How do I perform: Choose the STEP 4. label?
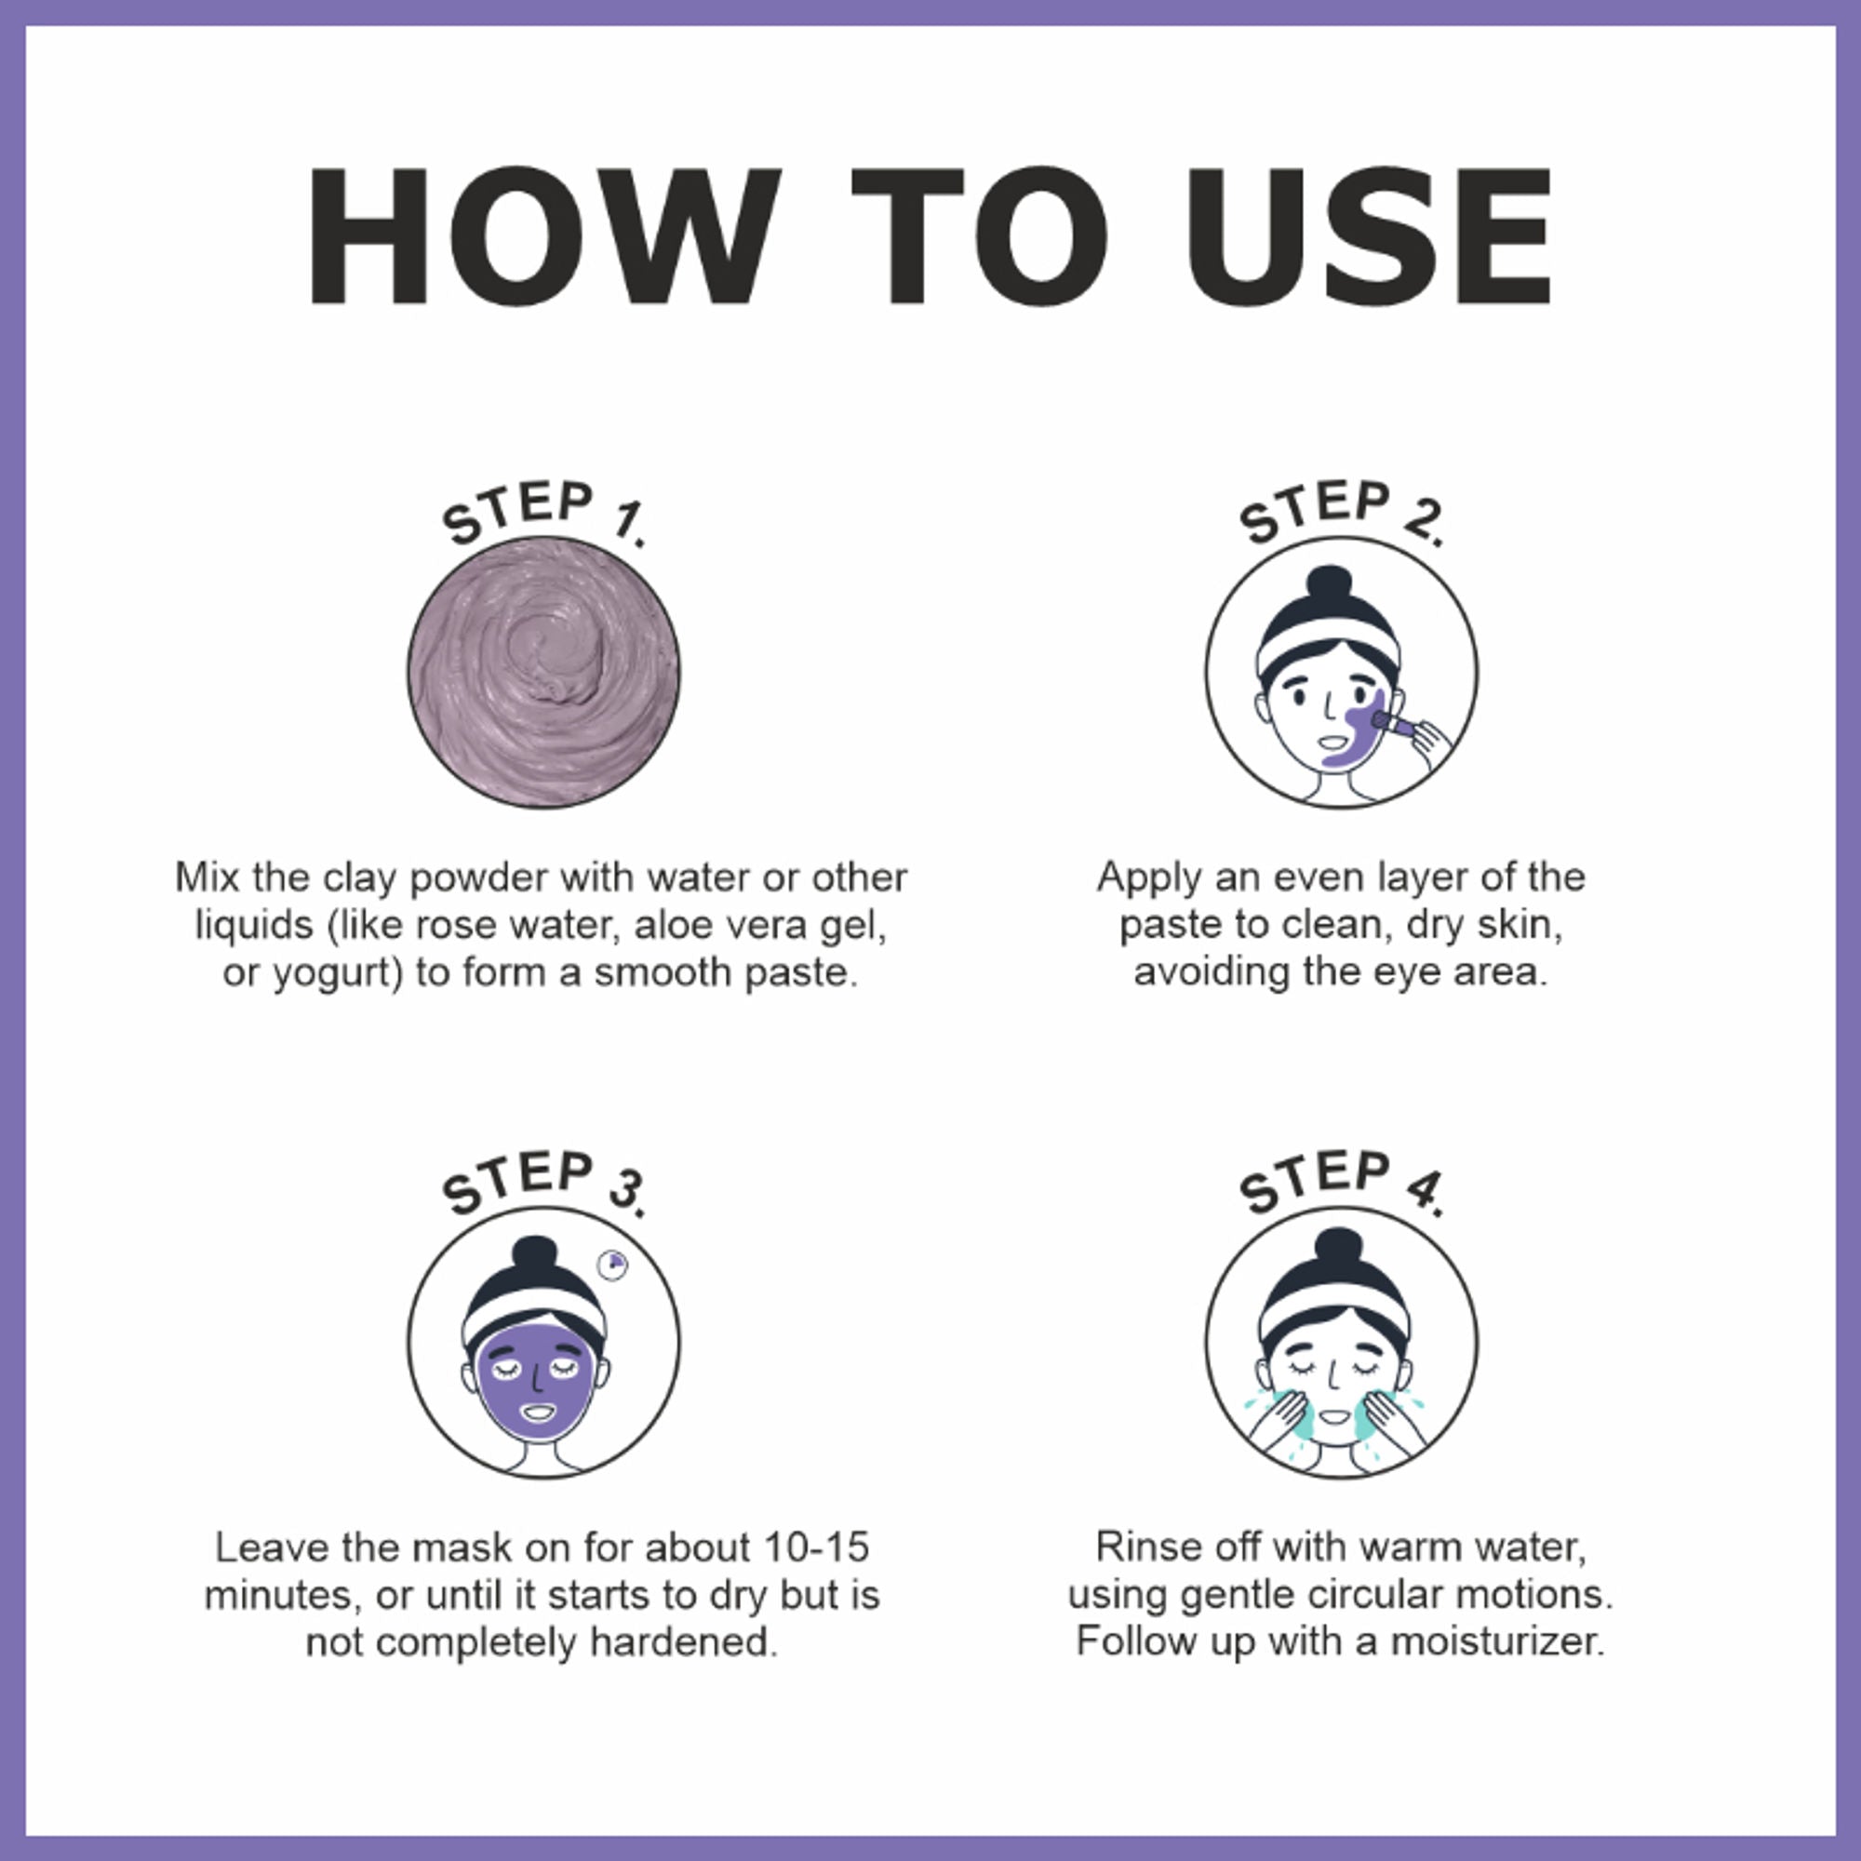[1341, 1182]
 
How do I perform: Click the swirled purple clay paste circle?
[543, 673]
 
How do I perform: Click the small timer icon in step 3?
[612, 1265]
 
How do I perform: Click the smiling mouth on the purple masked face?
[538, 1413]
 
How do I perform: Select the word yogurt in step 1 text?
[332, 973]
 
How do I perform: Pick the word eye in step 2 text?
[1407, 972]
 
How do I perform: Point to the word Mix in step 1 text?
[208, 877]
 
